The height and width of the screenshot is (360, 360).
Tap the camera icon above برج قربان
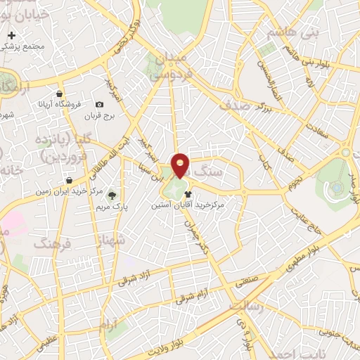point(99,105)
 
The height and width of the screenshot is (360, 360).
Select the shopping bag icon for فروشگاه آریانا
point(60,94)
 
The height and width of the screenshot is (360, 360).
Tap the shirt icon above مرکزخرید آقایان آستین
point(188,195)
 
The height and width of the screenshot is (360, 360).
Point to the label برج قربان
point(99,115)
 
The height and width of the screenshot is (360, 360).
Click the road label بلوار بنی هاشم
point(307,58)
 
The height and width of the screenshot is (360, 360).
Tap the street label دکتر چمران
point(198,235)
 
